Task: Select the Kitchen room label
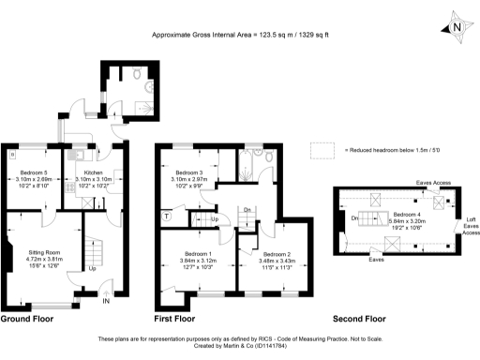[x=92, y=173]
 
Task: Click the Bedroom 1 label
[x=198, y=254]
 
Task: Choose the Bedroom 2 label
[x=277, y=255]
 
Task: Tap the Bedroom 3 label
[x=188, y=173]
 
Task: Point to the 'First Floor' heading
[x=181, y=319]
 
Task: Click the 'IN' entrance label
[x=106, y=302]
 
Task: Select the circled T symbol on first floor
[x=166, y=216]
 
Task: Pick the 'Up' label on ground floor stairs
[x=92, y=268]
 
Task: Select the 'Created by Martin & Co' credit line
[x=240, y=346]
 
